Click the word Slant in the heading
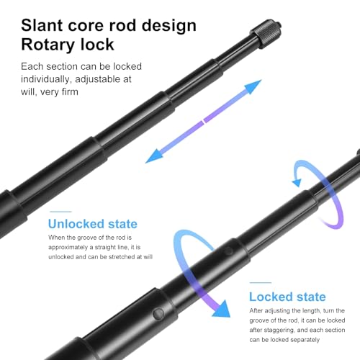point(42,25)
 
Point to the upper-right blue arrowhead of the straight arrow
point(253,86)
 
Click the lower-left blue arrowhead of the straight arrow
point(154,156)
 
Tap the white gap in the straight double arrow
point(204,121)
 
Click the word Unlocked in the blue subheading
point(76,224)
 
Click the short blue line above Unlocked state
point(60,212)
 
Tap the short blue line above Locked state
point(261,283)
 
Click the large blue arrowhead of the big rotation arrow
point(221,309)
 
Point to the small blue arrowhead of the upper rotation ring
point(297,183)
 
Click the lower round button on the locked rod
point(158,314)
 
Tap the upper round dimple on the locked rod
point(228,251)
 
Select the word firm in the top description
point(70,92)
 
